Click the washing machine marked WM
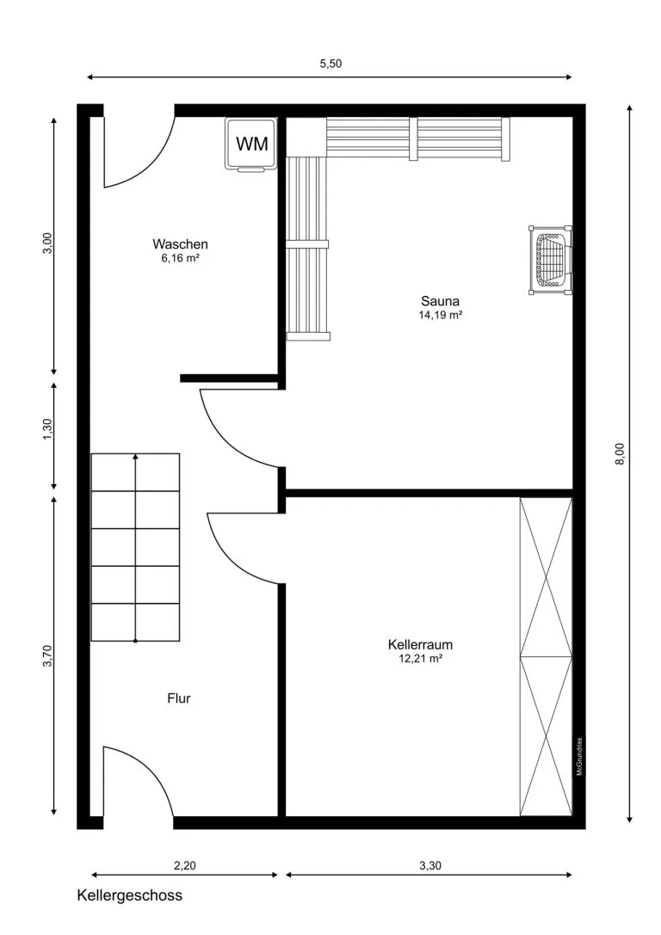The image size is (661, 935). [x=252, y=145]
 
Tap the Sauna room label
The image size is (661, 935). [x=441, y=301]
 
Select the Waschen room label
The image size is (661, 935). [x=180, y=244]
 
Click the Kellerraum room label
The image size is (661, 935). [x=420, y=644]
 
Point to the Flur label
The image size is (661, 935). [x=179, y=698]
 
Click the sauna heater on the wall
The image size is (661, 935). [x=550, y=260]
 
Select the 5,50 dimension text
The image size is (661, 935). [x=330, y=64]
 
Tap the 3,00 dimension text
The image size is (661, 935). [x=47, y=243]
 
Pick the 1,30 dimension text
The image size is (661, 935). [x=47, y=428]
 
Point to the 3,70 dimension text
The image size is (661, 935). [x=47, y=656]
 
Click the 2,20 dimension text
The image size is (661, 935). [x=184, y=865]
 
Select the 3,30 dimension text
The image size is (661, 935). [x=430, y=865]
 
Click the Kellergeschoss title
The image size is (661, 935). [x=129, y=895]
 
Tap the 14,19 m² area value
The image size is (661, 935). [x=441, y=315]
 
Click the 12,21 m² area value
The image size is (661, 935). [x=420, y=658]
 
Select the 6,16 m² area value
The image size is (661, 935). [x=180, y=257]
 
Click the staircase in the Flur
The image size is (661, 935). [x=135, y=547]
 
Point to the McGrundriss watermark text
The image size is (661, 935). [x=579, y=757]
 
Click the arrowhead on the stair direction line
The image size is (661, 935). [x=135, y=456]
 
